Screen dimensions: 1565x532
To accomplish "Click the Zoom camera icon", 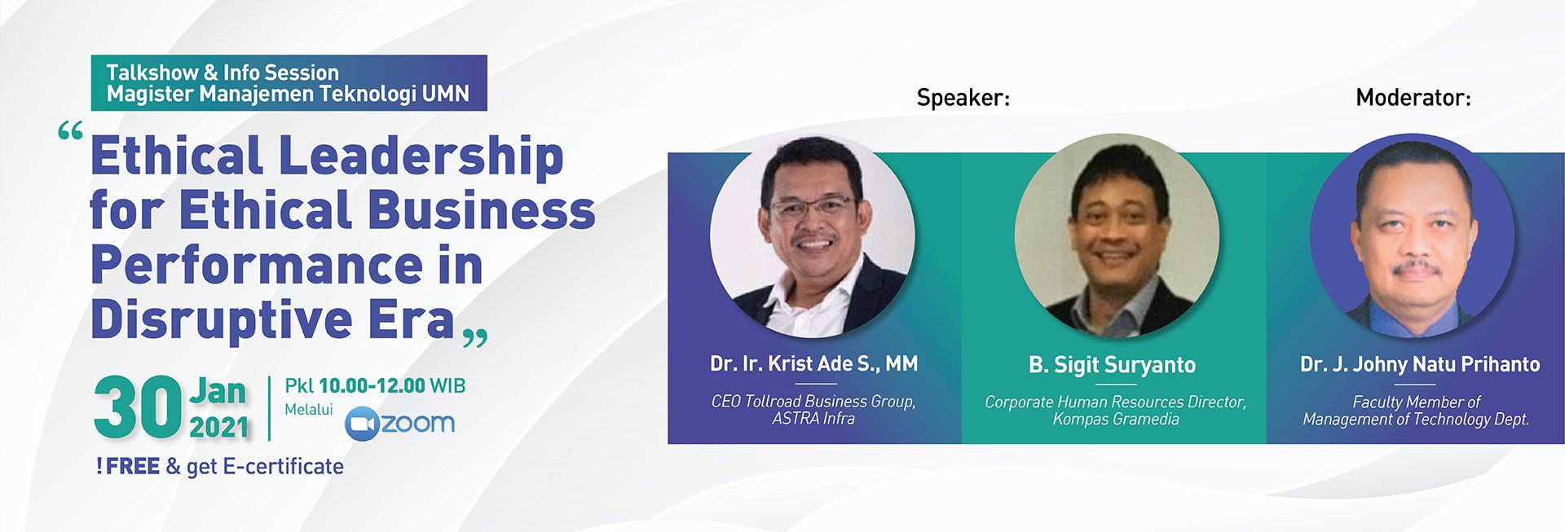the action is tap(362, 424).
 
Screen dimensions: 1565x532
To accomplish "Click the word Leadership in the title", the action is tap(421, 156).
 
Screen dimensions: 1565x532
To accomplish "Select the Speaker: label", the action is tap(963, 98).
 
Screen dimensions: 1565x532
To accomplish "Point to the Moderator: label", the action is tap(1413, 98).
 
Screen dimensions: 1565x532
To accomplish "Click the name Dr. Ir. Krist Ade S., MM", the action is tap(813, 363).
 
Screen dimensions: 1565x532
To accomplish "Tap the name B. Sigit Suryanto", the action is tap(1112, 365).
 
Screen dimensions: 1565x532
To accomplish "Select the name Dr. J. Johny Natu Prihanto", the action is tap(1420, 364).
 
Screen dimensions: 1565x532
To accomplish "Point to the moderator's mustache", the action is tap(1417, 267).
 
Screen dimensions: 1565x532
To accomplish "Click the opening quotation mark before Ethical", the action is tap(71, 132).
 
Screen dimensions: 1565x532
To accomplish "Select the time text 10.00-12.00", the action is tap(372, 385).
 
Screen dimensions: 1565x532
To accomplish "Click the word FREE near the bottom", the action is tap(132, 466).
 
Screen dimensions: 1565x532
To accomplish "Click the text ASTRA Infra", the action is tap(813, 419).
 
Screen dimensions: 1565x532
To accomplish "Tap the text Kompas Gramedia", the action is tap(1116, 419).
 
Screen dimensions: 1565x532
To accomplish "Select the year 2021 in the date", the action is tap(219, 427).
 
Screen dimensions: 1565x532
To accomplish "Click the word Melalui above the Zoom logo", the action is tap(309, 409).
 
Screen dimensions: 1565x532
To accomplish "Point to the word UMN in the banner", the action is tap(445, 94).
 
